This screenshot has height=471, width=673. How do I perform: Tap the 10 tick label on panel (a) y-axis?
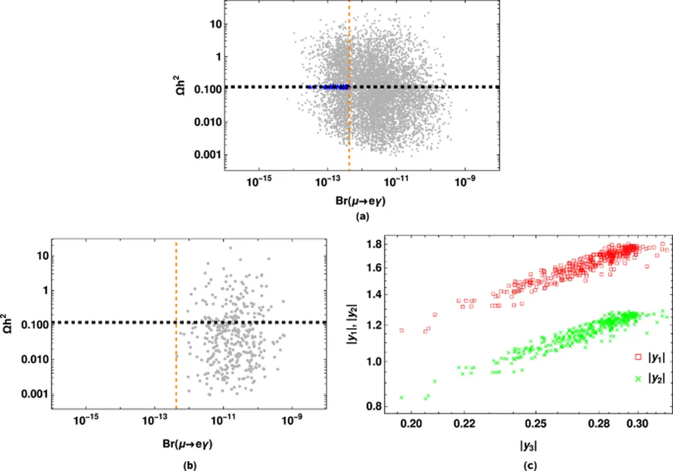tap(214, 24)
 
